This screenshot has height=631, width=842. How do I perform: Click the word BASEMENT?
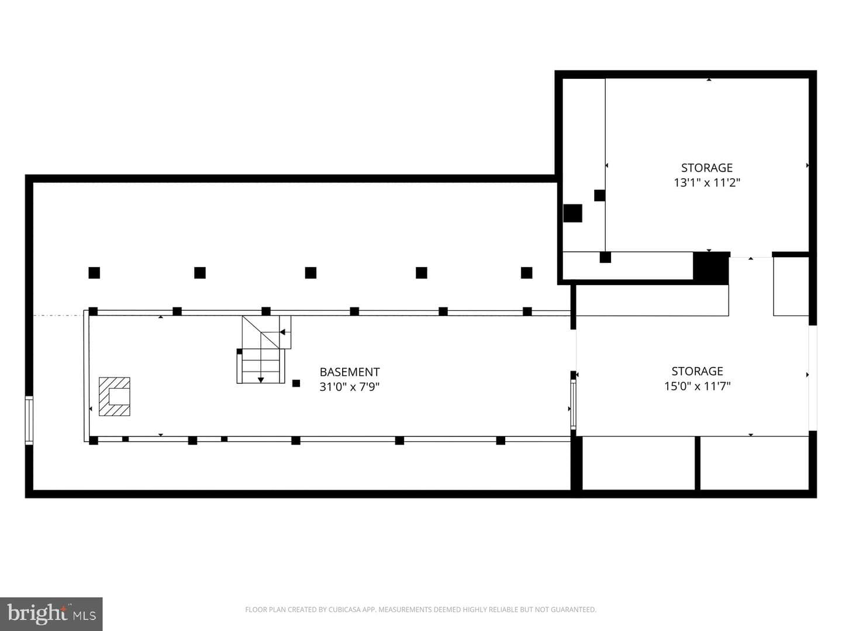pyautogui.click(x=350, y=372)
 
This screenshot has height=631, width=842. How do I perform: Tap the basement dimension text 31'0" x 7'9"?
pyautogui.click(x=350, y=387)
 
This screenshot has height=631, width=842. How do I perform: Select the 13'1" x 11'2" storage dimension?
pyautogui.click(x=706, y=183)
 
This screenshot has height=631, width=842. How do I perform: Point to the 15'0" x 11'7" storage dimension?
pyautogui.click(x=697, y=386)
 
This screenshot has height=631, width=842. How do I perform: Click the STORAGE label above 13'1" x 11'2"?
pyautogui.click(x=706, y=168)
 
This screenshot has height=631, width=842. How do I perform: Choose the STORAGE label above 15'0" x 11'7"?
pyautogui.click(x=697, y=371)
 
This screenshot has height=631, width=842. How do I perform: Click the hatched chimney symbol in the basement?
pyautogui.click(x=114, y=397)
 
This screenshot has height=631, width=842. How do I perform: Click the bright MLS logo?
pyautogui.click(x=51, y=614)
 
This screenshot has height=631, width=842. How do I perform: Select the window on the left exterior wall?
pyautogui.click(x=29, y=420)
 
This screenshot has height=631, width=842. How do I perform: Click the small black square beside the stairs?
pyautogui.click(x=296, y=383)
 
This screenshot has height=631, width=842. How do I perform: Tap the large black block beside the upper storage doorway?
pyautogui.click(x=711, y=268)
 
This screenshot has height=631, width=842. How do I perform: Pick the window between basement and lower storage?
pyautogui.click(x=574, y=404)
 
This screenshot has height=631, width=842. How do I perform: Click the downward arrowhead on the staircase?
pyautogui.click(x=261, y=380)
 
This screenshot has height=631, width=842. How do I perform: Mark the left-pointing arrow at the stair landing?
pyautogui.click(x=283, y=332)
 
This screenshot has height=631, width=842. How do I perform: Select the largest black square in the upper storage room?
pyautogui.click(x=572, y=213)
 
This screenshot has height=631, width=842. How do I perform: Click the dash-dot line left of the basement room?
pyautogui.click(x=58, y=315)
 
